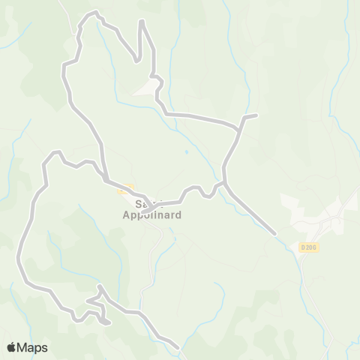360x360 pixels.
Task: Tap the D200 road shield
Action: (x=307, y=247)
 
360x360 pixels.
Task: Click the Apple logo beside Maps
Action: (x=11, y=347)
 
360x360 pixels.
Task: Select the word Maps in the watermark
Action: (x=32, y=347)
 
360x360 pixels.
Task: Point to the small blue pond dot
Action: (x=186, y=152)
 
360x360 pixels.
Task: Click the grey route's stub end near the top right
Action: (x=256, y=115)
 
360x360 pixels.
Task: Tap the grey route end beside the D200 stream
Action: (x=276, y=234)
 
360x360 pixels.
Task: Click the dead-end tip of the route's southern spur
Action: (x=109, y=323)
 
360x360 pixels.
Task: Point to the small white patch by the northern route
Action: (x=146, y=89)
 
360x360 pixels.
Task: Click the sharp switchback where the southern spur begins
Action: (x=99, y=286)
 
